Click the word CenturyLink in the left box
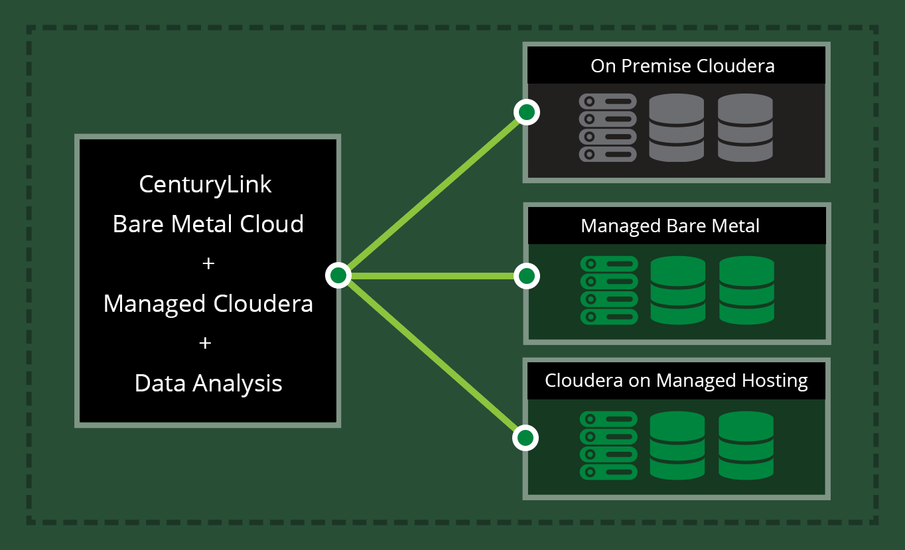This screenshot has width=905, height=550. click(205, 185)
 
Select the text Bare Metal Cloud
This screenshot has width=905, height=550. click(208, 224)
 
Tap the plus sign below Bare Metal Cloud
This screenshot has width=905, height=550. click(208, 263)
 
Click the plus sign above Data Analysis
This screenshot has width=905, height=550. click(205, 343)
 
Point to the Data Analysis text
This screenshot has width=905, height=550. click(208, 383)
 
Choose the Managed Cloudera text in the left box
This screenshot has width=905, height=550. click(208, 304)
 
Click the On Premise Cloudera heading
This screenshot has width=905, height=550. click(683, 66)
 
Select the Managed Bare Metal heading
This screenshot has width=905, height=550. click(670, 226)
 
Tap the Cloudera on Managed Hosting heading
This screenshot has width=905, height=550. click(676, 381)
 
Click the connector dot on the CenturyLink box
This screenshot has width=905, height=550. click(338, 275)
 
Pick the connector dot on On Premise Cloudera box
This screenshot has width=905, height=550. click(527, 112)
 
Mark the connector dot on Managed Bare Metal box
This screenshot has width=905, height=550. click(527, 276)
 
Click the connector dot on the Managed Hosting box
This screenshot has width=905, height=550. click(525, 438)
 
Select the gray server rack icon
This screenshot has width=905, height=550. click(608, 127)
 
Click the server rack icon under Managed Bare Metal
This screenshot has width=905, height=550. click(609, 290)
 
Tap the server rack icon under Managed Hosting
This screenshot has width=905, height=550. click(608, 445)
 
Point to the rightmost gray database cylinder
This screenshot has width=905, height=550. click(745, 127)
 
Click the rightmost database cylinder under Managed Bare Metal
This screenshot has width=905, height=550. click(746, 290)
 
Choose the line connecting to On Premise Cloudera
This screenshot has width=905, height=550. click(433, 194)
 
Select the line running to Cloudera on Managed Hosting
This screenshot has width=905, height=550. click(431, 356)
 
